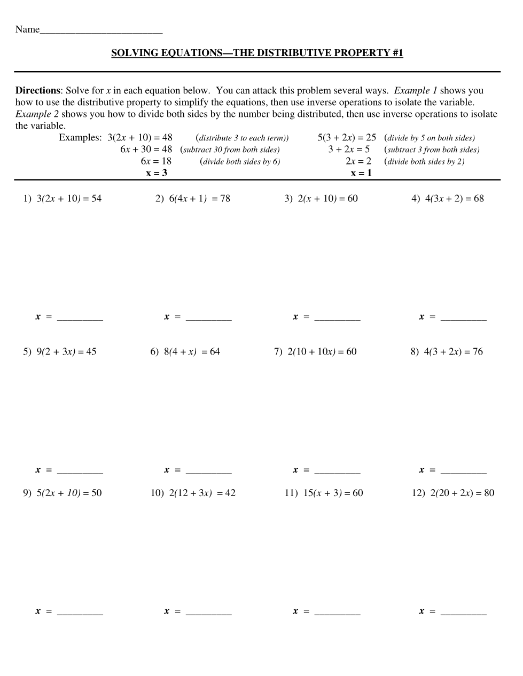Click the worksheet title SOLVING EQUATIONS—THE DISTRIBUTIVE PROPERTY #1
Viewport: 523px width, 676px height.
pos(257,53)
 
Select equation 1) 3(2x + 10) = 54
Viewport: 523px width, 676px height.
pos(62,199)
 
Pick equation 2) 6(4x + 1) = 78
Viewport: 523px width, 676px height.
pos(192,199)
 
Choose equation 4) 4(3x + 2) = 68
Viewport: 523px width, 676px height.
pos(447,199)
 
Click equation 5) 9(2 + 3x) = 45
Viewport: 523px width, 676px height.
pos(59,352)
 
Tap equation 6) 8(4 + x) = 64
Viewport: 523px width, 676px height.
pos(185,352)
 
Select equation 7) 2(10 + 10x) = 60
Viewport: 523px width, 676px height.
pos(315,352)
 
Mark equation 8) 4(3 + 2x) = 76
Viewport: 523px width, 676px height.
pos(447,352)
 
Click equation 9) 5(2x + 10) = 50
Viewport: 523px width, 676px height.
pos(62,493)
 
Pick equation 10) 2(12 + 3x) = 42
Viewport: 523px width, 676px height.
pos(193,493)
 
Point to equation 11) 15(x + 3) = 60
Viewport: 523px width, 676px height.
pos(323,493)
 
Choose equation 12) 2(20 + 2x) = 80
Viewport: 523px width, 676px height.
pos(453,493)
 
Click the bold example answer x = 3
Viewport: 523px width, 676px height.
pos(157,173)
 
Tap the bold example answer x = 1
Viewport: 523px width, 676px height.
pos(361,173)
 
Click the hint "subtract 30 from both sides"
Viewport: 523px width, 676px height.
pos(231,150)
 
